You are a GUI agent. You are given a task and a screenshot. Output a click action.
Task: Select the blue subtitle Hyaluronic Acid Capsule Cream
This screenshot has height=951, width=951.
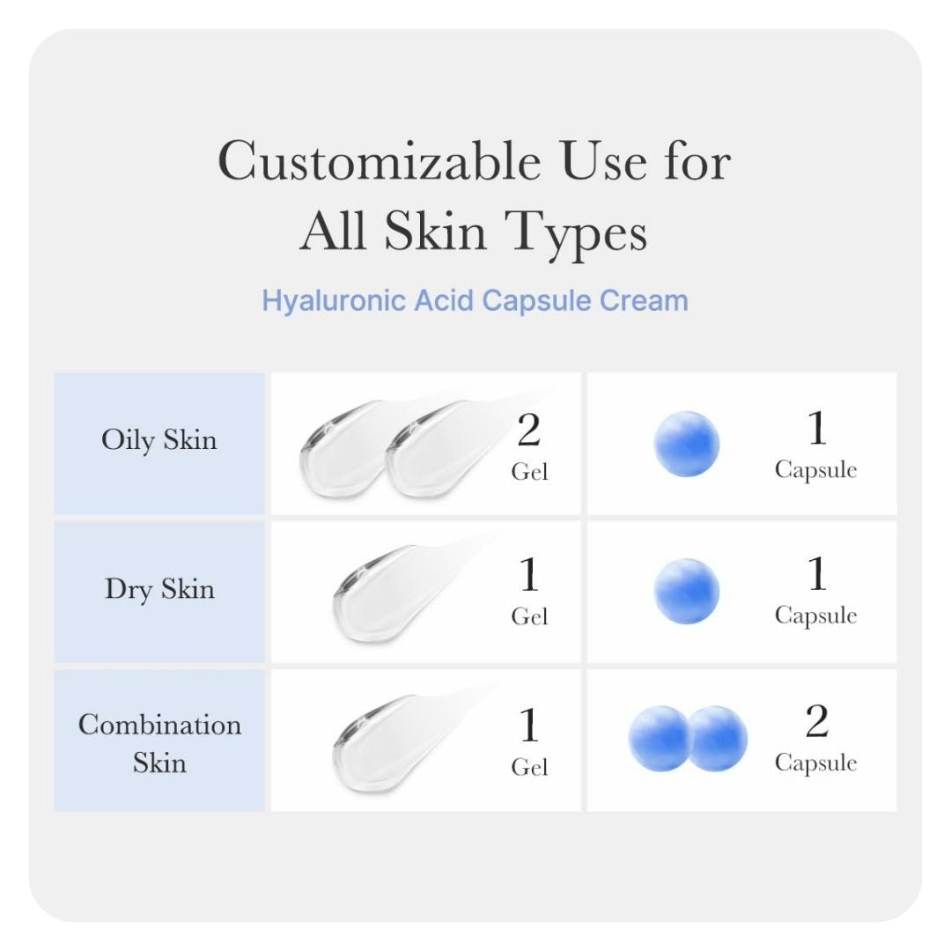click(475, 300)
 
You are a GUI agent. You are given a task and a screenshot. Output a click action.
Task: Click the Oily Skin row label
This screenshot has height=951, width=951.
click(159, 439)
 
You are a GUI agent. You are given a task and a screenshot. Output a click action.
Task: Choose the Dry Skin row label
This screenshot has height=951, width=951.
click(159, 588)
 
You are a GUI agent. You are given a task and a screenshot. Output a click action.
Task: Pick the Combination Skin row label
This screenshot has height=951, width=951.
click(159, 742)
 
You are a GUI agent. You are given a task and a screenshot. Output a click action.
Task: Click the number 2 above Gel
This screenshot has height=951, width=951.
click(528, 431)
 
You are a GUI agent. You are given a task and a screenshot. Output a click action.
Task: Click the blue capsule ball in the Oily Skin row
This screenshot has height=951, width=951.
click(687, 444)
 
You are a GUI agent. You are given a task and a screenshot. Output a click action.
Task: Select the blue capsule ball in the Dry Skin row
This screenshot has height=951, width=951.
click(687, 592)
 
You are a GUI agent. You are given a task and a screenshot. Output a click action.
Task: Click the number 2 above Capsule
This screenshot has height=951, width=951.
click(816, 723)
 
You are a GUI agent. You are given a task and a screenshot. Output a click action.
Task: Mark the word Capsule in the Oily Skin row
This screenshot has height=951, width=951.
click(815, 469)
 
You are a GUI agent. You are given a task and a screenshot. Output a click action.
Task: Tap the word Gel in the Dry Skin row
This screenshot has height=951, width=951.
click(529, 617)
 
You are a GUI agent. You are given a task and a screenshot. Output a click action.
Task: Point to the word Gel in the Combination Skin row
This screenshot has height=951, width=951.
click(529, 767)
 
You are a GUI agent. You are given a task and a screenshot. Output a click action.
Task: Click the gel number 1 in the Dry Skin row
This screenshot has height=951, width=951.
click(528, 577)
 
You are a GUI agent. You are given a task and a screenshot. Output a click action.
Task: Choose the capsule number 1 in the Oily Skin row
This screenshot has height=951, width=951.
click(816, 429)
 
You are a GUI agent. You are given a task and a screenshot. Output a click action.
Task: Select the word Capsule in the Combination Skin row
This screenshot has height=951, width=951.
click(815, 763)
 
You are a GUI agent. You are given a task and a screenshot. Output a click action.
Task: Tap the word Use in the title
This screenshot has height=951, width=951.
click(608, 162)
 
